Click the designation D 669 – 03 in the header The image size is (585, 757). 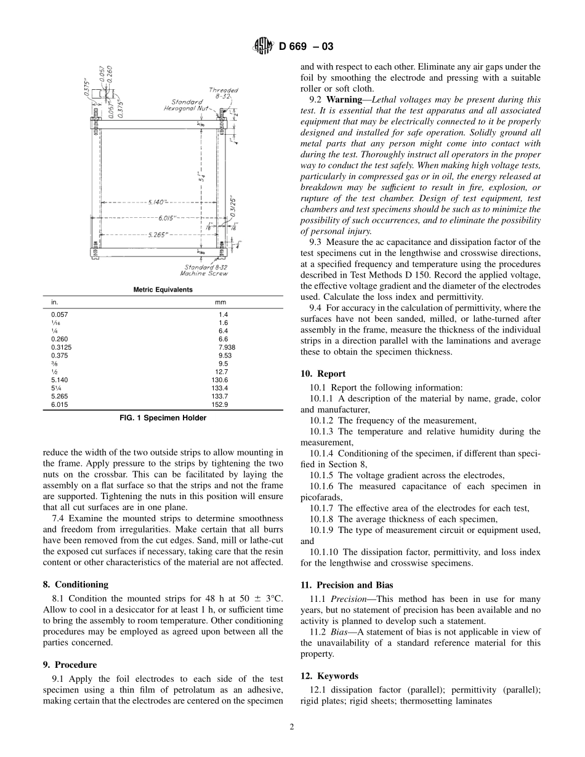click(x=306, y=47)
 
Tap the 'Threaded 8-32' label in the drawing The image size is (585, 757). click(x=223, y=93)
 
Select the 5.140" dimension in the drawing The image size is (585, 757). click(x=158, y=201)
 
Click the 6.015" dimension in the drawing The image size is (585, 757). click(x=167, y=218)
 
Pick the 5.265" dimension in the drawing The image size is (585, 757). click(x=159, y=234)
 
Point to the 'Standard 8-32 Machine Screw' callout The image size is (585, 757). click(x=206, y=270)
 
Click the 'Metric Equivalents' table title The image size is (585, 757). click(x=163, y=290)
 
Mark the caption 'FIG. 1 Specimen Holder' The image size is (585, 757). click(x=163, y=418)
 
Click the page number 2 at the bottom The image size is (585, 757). click(x=292, y=726)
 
